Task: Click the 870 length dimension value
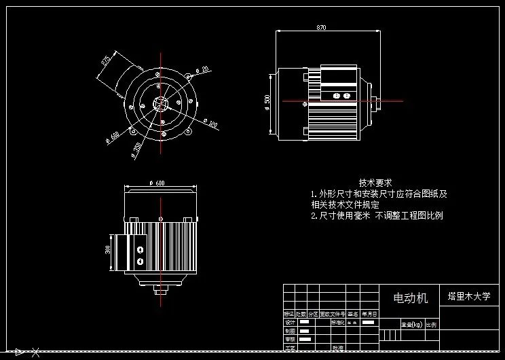(321, 28)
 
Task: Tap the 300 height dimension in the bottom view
(108, 249)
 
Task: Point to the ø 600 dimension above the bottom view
(157, 183)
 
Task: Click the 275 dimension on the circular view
(106, 61)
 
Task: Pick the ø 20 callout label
(202, 69)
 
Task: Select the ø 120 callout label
(211, 124)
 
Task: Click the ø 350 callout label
(137, 149)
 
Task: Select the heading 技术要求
(375, 183)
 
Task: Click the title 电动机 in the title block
(411, 298)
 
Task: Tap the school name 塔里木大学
(468, 297)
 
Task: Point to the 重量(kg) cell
(412, 324)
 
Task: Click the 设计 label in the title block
(289, 322)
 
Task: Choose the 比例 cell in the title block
(432, 324)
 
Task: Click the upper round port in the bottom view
(140, 249)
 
